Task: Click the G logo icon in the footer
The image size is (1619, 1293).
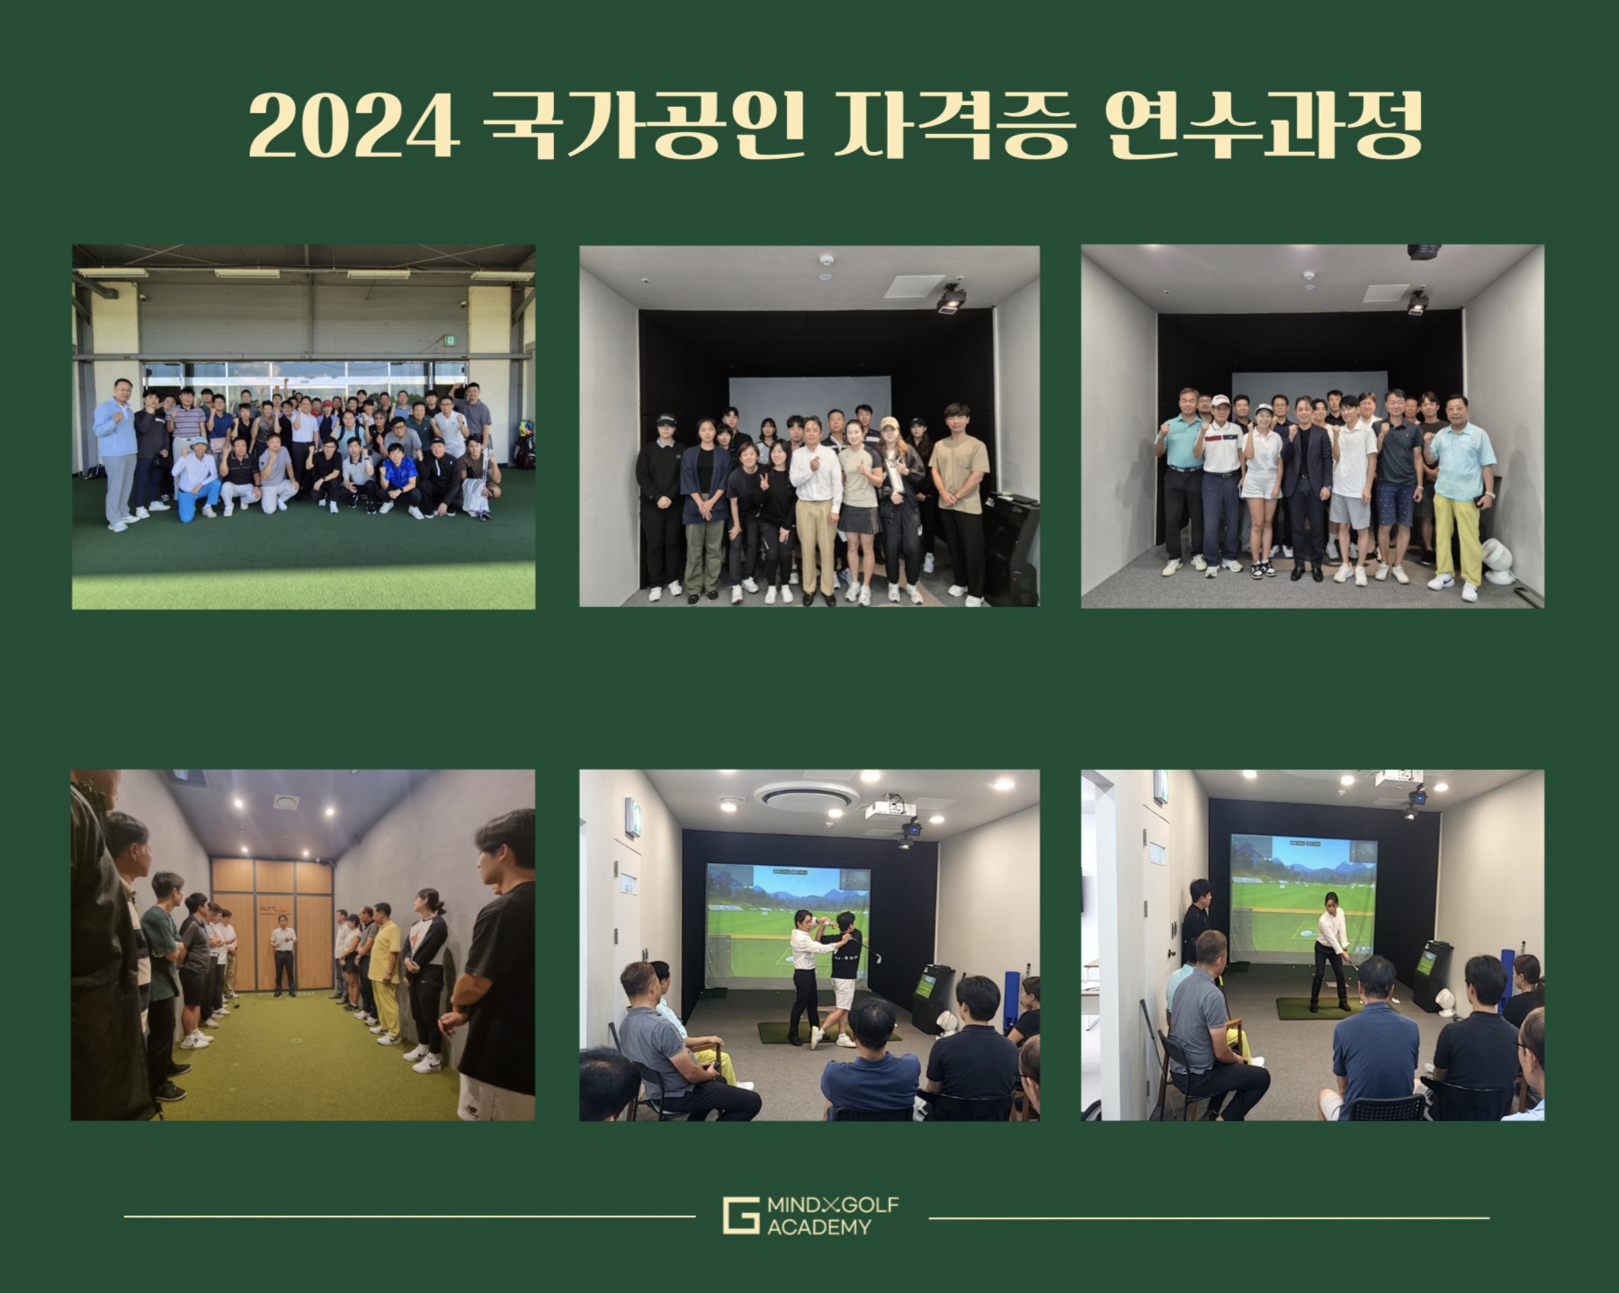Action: coord(740,1215)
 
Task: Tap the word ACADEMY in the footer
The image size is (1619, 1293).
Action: coord(818,1226)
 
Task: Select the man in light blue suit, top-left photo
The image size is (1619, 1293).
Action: coord(117,454)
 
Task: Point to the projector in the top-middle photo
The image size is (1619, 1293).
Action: coord(950,298)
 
